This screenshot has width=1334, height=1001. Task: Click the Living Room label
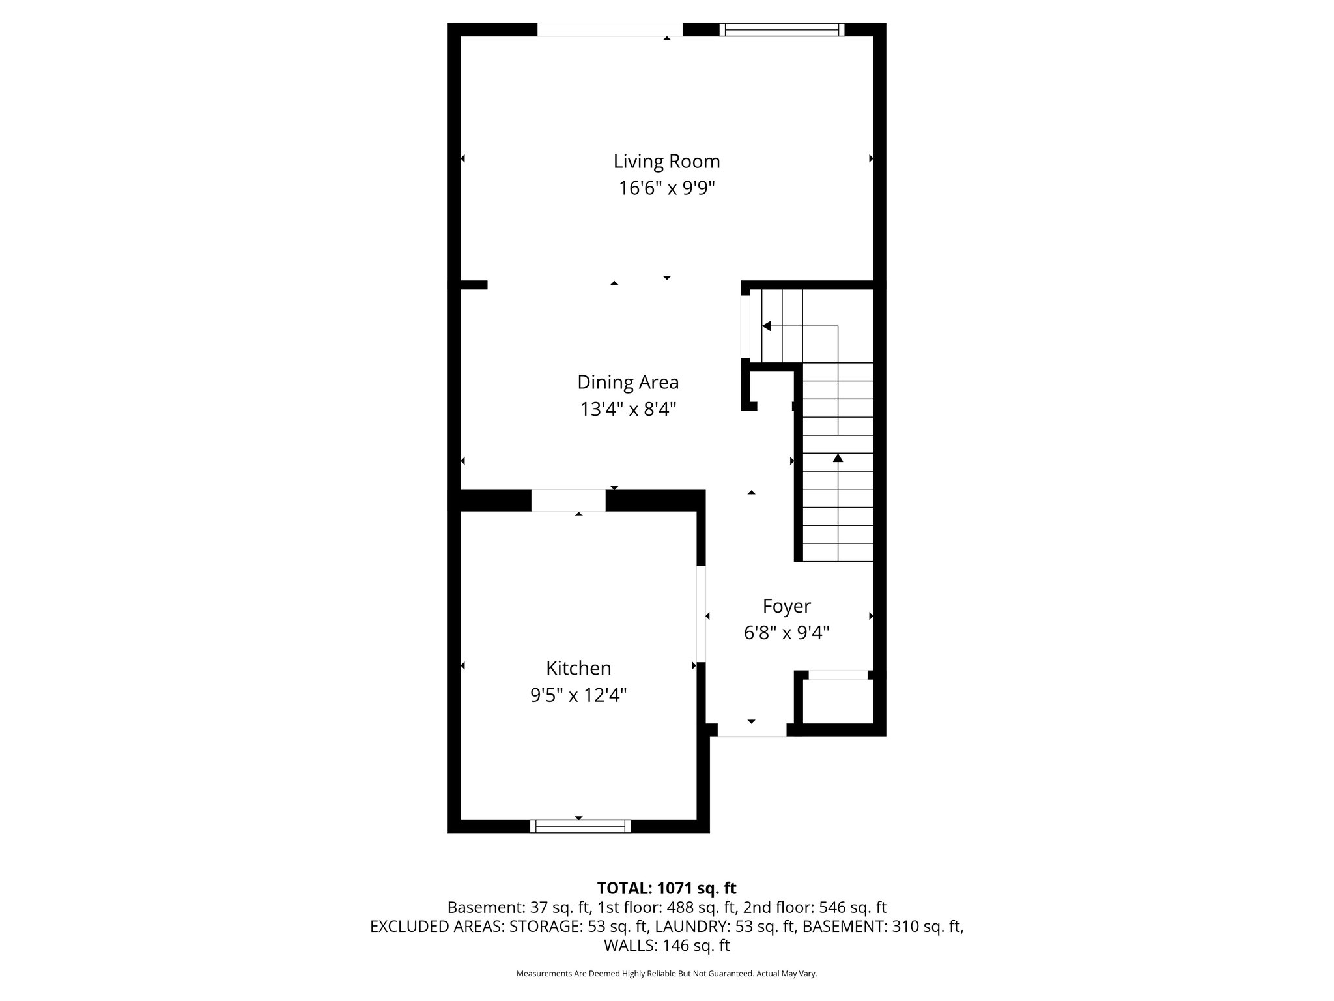[x=666, y=161]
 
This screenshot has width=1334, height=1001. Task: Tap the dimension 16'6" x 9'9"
[x=666, y=188]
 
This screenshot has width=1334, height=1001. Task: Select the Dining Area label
[x=628, y=382]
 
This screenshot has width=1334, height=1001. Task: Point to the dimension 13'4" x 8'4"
[x=628, y=409]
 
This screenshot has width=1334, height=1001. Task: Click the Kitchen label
[x=578, y=668]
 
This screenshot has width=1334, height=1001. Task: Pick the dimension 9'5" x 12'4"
[x=578, y=695]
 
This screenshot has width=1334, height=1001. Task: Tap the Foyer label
[x=786, y=606]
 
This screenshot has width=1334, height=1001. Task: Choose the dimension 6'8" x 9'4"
[x=786, y=633]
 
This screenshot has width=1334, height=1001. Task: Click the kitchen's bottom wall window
[x=580, y=826]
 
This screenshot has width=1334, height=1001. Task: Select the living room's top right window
[x=782, y=29]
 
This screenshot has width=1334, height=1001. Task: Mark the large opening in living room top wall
[x=610, y=29]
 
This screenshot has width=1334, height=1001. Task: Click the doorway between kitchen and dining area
[x=568, y=500]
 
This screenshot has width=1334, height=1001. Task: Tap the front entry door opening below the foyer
[x=752, y=731]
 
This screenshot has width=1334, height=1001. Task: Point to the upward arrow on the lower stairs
[x=838, y=458]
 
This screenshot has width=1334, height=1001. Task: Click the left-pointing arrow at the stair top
[x=767, y=326]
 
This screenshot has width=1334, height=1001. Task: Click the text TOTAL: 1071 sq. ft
[x=666, y=888]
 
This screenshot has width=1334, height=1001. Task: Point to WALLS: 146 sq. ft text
[x=666, y=946]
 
